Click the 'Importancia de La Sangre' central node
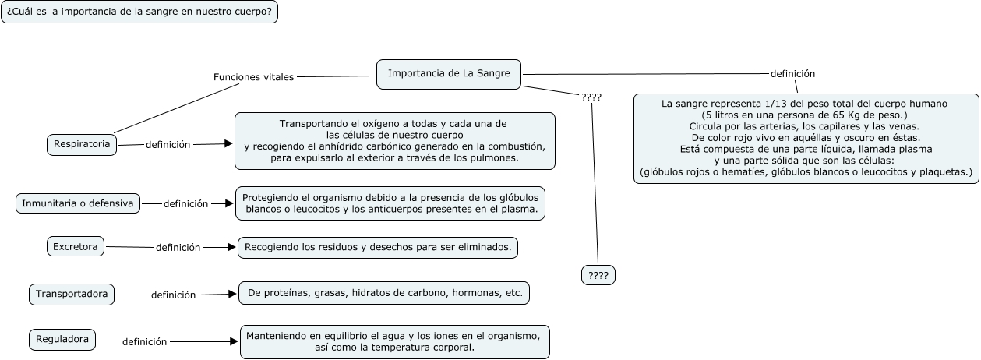point(449,73)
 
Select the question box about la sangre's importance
point(139,12)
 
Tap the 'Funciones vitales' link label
point(254,77)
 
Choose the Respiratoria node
point(82,144)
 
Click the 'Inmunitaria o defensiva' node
point(78,203)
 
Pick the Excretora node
point(76,247)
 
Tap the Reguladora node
point(63,340)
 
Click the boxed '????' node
point(598,275)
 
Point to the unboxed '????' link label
point(591,97)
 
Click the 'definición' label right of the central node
point(792,73)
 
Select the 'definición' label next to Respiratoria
point(168,144)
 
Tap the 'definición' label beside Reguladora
point(145,341)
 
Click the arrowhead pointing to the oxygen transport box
point(228,143)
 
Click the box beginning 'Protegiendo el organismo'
point(390,203)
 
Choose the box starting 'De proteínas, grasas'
point(384,293)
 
